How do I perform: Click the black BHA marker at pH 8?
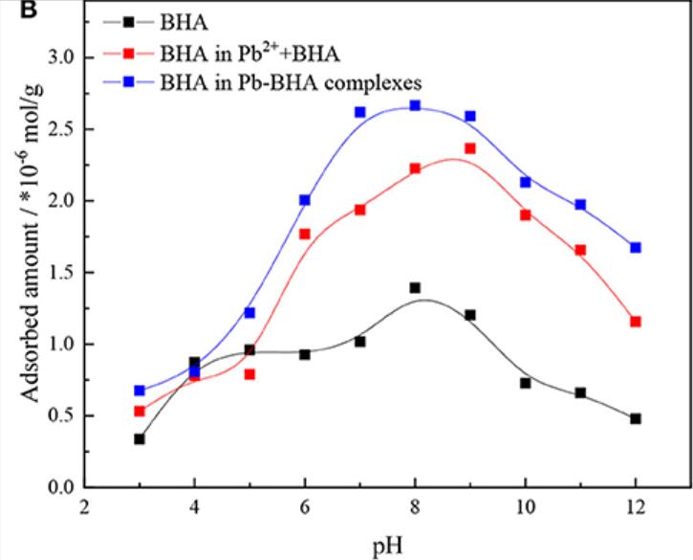415,288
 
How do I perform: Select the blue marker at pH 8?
415,105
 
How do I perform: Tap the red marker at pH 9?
470,148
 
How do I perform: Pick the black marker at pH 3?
140,439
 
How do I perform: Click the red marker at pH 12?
636,322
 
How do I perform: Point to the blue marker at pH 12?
636,248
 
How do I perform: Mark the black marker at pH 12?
636,418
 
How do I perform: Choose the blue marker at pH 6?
305,200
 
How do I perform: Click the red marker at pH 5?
249,374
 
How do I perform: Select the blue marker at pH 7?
360,112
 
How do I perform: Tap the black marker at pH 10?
525,383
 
